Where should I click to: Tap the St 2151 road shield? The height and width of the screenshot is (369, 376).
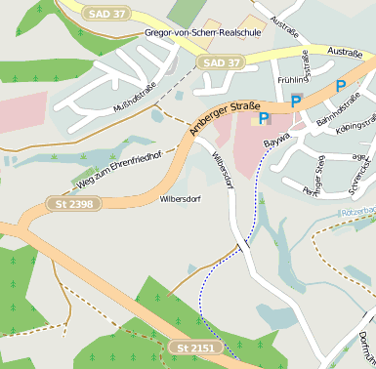[x=194, y=348]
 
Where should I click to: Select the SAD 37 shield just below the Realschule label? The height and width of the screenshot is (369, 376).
[x=220, y=62]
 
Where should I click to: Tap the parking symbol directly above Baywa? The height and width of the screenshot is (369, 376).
[x=263, y=119]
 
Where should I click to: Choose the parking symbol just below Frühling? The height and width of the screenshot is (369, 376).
[x=296, y=100]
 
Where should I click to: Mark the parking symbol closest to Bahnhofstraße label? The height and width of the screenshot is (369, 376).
[x=340, y=86]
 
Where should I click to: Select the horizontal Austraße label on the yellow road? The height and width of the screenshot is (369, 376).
[x=345, y=51]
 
